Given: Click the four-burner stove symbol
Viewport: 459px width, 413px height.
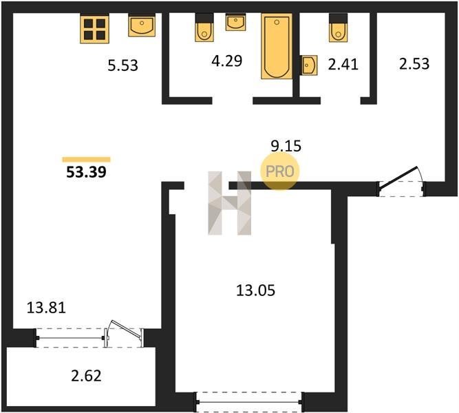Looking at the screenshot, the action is point(94,29).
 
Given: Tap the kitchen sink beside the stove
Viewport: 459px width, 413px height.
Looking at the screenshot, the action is point(142,25).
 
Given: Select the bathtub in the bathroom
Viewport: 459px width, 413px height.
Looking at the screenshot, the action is point(277,46).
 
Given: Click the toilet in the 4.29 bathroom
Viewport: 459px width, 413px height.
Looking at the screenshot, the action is point(204,28).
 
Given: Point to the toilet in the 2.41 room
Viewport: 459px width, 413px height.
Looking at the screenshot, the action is point(338,28).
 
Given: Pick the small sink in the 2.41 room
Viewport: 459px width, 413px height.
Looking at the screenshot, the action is point(309,65).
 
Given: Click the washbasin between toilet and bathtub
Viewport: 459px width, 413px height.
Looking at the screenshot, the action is point(235,22).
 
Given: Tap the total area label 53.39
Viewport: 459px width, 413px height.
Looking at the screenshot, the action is point(86,172).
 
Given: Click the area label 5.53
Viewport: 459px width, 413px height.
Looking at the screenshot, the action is point(122,65).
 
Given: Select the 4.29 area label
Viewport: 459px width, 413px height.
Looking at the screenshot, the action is point(227,61).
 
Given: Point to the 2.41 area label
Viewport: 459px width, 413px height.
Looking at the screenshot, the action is point(343,64).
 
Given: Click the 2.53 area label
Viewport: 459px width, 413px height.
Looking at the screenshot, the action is point(414,64).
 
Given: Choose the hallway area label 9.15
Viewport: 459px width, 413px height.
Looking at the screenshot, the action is point(286,146).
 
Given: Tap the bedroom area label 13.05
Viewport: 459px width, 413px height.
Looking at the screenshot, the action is point(255,290).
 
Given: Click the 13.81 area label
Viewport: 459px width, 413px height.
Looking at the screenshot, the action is point(46,308).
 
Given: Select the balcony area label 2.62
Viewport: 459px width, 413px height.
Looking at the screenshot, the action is point(86,376).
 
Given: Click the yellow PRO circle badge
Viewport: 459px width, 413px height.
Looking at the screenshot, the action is point(280,171).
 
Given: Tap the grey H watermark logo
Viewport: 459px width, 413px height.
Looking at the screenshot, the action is point(230,203).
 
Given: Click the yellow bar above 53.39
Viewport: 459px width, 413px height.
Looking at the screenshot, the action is point(86,160).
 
